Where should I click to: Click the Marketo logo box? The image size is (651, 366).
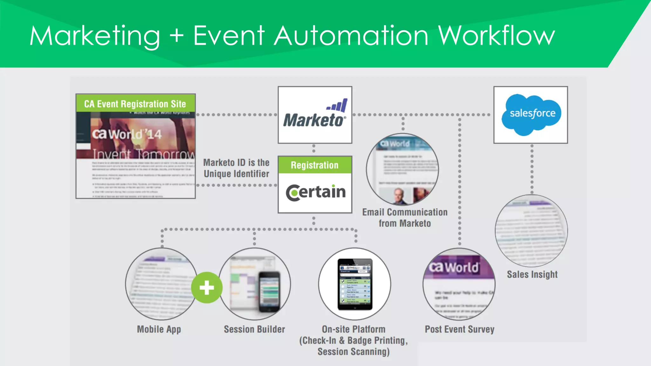tap(315, 115)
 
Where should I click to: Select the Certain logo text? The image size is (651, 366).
tap(316, 192)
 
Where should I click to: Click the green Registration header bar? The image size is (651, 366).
tap(315, 165)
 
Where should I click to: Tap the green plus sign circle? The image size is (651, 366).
tap(207, 288)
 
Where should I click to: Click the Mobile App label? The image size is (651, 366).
tap(159, 329)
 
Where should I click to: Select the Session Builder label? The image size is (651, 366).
tap(254, 329)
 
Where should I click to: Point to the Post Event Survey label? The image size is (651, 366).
tap(459, 329)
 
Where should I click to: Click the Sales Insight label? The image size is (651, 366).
tap(532, 274)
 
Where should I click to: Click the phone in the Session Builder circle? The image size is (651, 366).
tap(270, 292)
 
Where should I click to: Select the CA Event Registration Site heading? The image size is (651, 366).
tap(135, 104)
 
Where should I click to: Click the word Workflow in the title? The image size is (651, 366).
tap(496, 36)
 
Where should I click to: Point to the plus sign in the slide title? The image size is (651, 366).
tap(177, 36)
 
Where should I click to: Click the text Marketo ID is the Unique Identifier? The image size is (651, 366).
tap(236, 168)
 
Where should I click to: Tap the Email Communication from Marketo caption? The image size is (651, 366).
tap(405, 218)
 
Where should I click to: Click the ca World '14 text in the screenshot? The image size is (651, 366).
tap(127, 134)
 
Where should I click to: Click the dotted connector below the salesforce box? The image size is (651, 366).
tap(532, 168)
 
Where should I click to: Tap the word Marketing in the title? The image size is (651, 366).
tap(95, 36)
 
